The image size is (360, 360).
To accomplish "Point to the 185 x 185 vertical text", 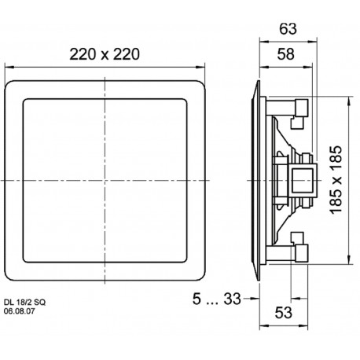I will pos(336,180).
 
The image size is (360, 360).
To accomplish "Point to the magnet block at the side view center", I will pos(298,180).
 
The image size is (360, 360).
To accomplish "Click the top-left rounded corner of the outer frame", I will pos(9,80).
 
